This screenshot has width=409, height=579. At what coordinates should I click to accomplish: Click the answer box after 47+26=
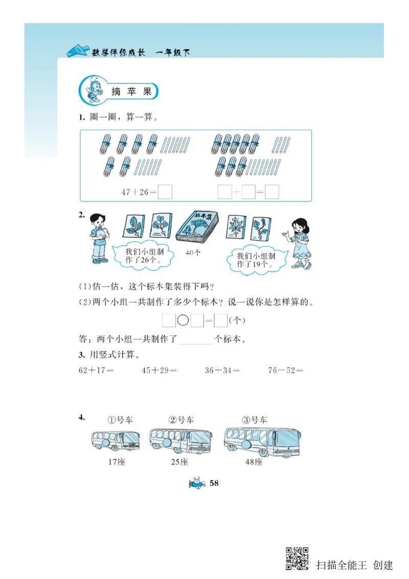point(165,192)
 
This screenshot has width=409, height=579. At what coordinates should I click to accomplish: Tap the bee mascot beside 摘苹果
point(95,90)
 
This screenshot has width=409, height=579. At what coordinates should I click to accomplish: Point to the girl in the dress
point(299,243)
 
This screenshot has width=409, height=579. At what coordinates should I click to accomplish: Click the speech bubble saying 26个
point(143,256)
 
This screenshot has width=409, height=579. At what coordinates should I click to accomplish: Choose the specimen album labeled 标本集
point(197,227)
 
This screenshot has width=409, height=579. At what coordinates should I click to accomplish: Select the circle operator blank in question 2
point(183,321)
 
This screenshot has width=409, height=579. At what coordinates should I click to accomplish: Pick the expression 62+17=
point(96,370)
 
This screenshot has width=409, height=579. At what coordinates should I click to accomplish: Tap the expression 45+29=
point(159,370)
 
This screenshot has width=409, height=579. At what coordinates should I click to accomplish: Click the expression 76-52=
point(285,370)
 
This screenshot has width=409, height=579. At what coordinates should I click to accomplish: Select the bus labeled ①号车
point(115,440)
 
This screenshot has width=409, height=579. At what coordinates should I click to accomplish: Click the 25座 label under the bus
point(179,462)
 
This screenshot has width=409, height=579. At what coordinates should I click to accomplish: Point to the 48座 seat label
point(254,462)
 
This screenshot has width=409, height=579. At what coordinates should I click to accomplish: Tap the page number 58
point(214,483)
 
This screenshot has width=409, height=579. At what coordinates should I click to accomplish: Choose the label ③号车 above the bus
point(254,420)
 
